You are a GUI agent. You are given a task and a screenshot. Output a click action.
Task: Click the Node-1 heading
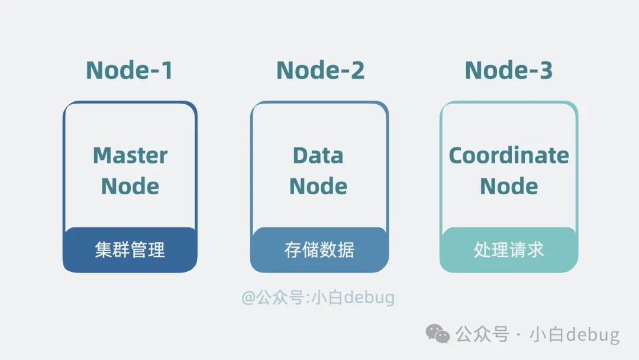coord(130,70)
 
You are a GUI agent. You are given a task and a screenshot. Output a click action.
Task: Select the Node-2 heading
coord(320,70)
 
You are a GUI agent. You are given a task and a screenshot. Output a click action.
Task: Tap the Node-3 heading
coord(508,70)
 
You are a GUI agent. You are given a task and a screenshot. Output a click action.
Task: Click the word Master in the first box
coord(130,156)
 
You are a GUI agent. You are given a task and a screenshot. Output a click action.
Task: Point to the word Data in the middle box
coord(318,156)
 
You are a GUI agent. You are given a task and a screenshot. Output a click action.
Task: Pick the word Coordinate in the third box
coord(509,156)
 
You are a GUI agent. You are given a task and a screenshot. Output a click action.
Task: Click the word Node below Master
coord(130,187)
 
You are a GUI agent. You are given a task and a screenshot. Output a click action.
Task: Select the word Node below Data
coord(318,187)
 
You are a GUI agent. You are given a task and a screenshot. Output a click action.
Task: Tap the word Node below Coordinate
coord(509,187)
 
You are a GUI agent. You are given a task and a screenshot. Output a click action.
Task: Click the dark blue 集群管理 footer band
coord(130,250)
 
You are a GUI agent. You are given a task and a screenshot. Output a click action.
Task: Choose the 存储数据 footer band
coord(319,250)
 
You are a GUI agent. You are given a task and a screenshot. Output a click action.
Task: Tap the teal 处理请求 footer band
coord(509,250)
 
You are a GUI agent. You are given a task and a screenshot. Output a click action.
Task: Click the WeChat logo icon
coord(438,335)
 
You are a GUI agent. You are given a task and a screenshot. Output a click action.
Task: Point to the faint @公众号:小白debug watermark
coord(318,297)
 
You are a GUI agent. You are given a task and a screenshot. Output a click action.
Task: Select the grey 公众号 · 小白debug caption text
coord(537,335)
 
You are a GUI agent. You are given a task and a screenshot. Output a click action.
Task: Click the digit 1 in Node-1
coord(166,70)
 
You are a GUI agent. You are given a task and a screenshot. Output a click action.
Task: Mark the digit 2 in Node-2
coord(357,70)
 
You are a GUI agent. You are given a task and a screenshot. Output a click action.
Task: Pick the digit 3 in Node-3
coord(545,70)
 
